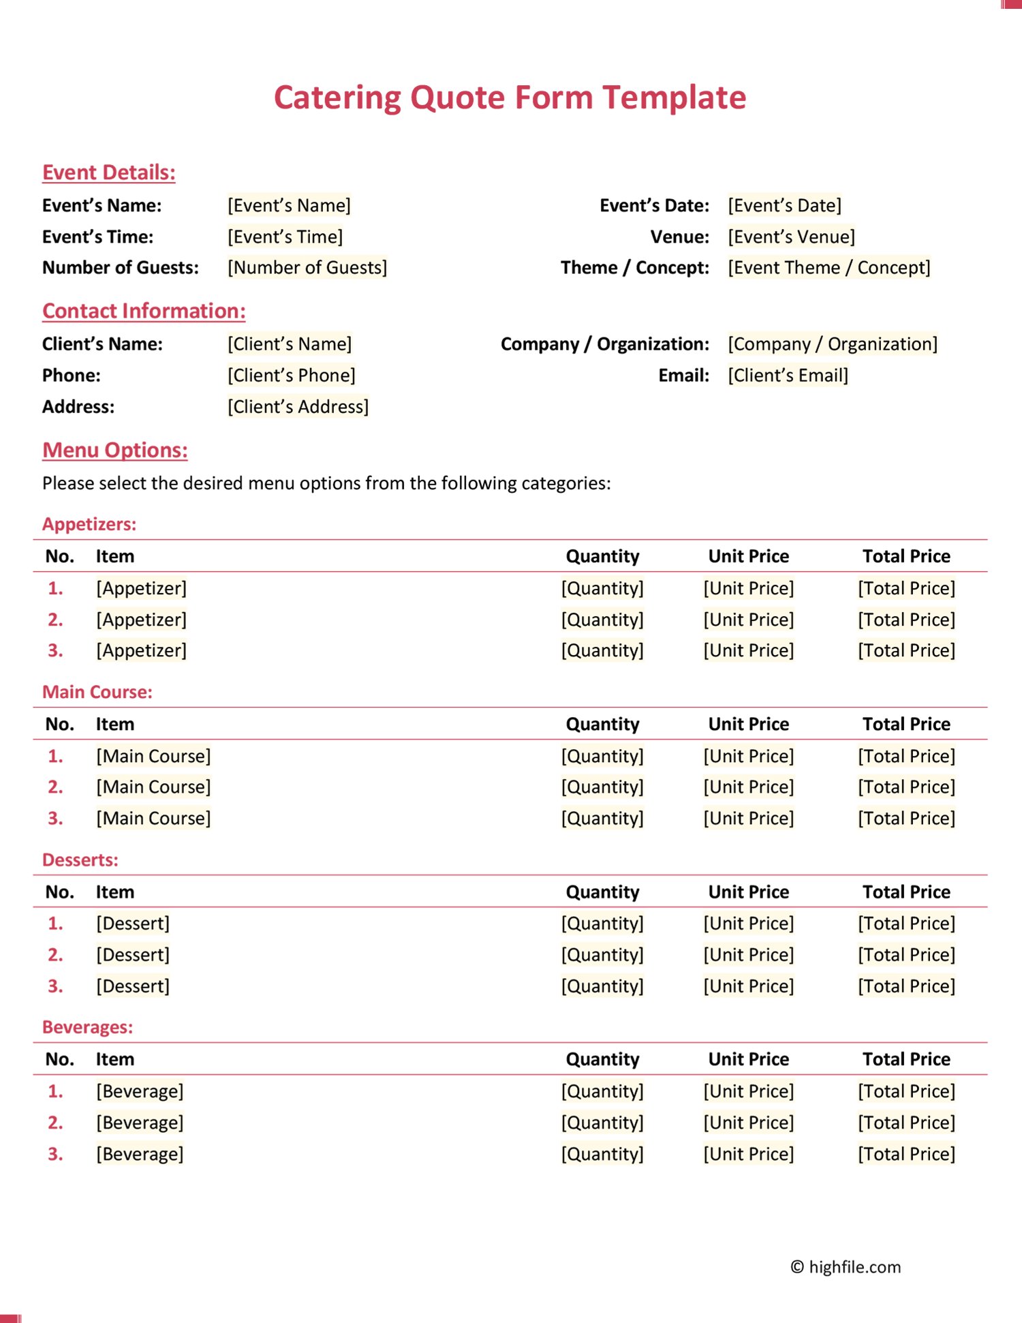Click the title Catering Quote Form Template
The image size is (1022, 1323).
pyautogui.click(x=510, y=97)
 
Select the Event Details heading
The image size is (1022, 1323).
pyautogui.click(x=108, y=172)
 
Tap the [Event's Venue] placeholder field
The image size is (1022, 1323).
pyautogui.click(x=791, y=237)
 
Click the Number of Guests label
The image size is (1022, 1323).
pyautogui.click(x=120, y=268)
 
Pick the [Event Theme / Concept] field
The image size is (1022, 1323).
pyautogui.click(x=829, y=268)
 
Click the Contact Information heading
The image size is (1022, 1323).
pyautogui.click(x=144, y=311)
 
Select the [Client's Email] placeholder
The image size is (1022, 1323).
pyautogui.click(x=788, y=376)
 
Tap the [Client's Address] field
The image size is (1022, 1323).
pyautogui.click(x=298, y=407)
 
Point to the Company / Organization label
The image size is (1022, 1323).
pyautogui.click(x=604, y=344)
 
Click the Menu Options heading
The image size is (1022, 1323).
pyautogui.click(x=114, y=451)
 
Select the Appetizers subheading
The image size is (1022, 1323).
pyautogui.click(x=89, y=524)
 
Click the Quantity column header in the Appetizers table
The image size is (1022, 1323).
pyautogui.click(x=602, y=556)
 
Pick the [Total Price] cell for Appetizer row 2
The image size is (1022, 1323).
pyautogui.click(x=906, y=620)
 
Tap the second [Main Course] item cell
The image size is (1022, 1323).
pyautogui.click(x=153, y=787)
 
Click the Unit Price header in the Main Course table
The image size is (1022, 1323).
pyautogui.click(x=748, y=724)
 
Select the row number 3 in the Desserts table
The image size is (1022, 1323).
pyautogui.click(x=55, y=986)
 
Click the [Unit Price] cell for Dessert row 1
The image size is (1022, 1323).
pyautogui.click(x=748, y=924)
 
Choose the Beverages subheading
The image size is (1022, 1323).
pyautogui.click(x=87, y=1027)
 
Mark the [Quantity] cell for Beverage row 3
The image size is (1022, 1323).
pyautogui.click(x=602, y=1154)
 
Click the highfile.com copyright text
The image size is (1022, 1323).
pyautogui.click(x=845, y=1267)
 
